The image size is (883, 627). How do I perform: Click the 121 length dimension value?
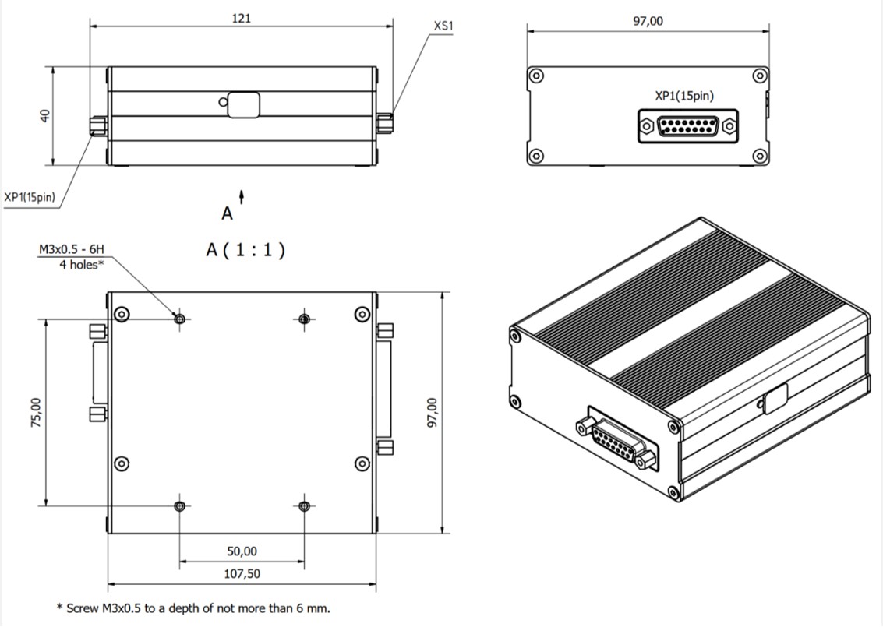(x=241, y=17)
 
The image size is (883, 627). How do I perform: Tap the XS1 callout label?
(x=443, y=26)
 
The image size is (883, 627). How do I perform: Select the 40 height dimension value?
(x=44, y=115)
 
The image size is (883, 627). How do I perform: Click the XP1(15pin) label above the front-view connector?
(x=684, y=97)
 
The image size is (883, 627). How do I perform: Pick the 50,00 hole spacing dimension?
(x=242, y=551)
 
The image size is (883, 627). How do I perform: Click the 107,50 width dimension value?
(x=242, y=574)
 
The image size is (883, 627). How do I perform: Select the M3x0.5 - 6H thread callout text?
(x=71, y=250)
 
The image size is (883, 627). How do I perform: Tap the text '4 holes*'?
(x=81, y=264)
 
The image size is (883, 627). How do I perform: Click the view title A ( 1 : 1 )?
(x=245, y=250)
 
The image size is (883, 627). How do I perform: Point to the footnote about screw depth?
(x=193, y=608)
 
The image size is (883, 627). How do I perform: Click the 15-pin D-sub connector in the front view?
(x=687, y=126)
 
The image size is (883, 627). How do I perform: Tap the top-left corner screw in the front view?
(x=535, y=76)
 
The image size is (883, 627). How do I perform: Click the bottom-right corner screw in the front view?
(x=760, y=156)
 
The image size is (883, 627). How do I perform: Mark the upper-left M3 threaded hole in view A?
(x=180, y=319)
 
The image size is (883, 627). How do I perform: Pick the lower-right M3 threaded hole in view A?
(x=304, y=505)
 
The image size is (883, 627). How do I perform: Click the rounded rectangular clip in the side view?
(x=243, y=104)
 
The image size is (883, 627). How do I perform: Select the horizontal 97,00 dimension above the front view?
(x=648, y=22)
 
